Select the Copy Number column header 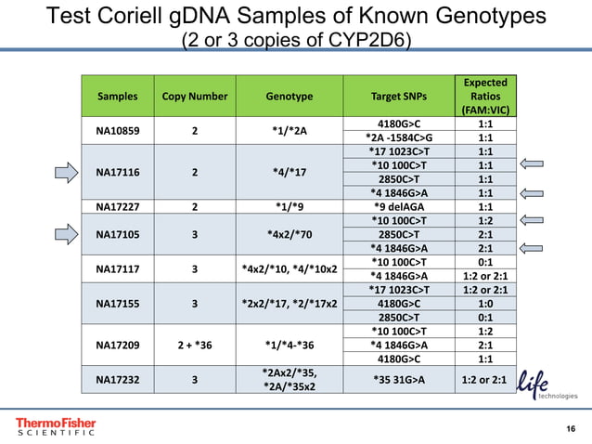coord(195,96)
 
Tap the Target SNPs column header coord(399,96)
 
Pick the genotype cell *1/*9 coord(289,206)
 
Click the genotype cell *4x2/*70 coord(289,235)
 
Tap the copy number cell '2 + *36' coord(195,341)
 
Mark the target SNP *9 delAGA coord(399,206)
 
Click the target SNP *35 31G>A coord(399,379)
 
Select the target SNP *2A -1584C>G coord(399,137)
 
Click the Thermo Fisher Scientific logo coord(56,426)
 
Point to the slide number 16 coord(571,428)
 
